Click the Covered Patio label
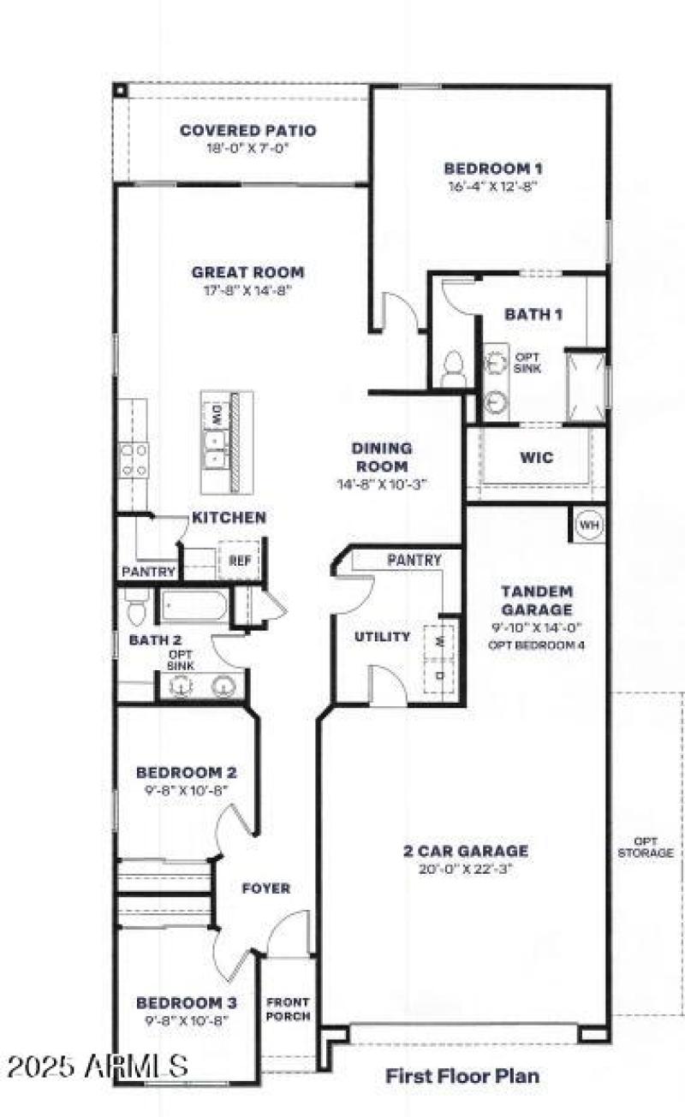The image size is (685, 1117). (x=247, y=131)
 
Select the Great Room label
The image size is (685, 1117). (x=247, y=273)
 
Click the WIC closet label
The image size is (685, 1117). (x=536, y=458)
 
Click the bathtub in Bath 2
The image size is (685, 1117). (x=195, y=607)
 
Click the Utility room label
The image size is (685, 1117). (x=382, y=637)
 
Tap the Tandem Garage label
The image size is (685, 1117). (x=537, y=600)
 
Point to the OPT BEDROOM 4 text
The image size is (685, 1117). (x=537, y=645)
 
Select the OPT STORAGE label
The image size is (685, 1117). (x=646, y=847)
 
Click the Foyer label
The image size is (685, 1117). (x=266, y=888)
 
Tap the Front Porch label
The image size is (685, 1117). (x=289, y=1009)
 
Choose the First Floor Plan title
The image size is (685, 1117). (x=462, y=1075)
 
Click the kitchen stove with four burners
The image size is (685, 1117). (x=134, y=459)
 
